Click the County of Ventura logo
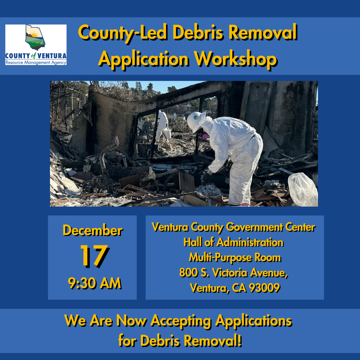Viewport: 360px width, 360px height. click(36, 45)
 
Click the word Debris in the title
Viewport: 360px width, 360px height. click(198, 32)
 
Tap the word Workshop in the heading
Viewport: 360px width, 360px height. click(236, 59)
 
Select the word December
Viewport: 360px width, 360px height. click(93, 230)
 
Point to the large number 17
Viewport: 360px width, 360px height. click(94, 256)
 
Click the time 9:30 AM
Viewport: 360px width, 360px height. click(95, 283)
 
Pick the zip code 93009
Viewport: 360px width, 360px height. click(264, 288)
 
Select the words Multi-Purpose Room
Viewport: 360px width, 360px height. click(235, 258)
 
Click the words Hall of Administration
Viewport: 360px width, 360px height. click(233, 242)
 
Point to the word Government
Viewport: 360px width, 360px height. click(254, 227)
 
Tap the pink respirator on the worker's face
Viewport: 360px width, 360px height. click(204, 136)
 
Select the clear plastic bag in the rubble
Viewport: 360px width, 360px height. click(303, 190)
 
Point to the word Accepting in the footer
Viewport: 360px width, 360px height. click(181, 321)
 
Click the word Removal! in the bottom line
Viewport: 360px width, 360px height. click(213, 340)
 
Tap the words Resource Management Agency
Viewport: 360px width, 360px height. click(36, 62)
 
